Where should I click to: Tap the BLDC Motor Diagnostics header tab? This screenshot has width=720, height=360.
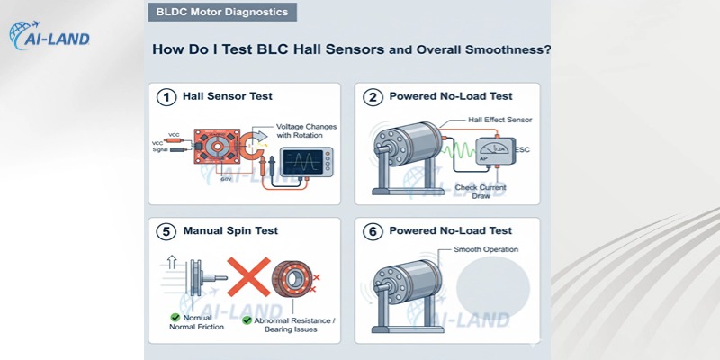tap(221, 13)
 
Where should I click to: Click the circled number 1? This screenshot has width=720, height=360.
tap(166, 97)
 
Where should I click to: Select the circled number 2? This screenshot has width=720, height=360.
tap(372, 97)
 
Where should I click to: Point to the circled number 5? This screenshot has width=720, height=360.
tap(166, 231)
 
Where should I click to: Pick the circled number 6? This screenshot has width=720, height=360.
tap(372, 231)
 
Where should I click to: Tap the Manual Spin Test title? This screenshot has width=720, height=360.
tap(229, 231)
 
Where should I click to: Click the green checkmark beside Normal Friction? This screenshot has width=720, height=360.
tap(176, 317)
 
